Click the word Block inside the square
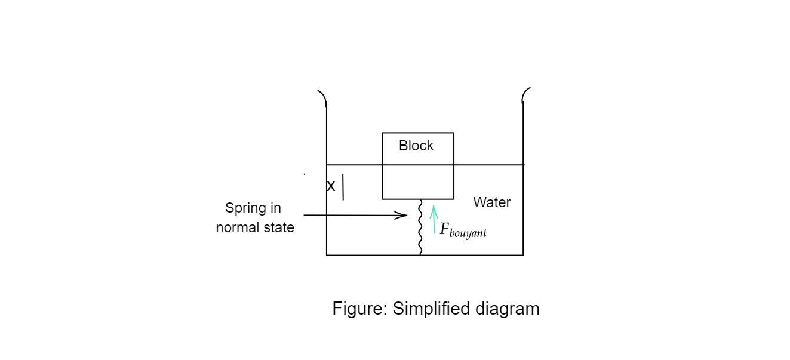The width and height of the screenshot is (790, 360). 416,146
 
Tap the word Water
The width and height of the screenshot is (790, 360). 492,202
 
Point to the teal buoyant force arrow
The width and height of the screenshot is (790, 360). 434,219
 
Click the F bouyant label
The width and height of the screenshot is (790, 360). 463,230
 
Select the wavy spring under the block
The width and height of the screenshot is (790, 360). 420,227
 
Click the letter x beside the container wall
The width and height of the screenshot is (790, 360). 331,186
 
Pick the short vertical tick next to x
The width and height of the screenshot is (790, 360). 343,187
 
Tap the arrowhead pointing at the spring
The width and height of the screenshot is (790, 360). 402,215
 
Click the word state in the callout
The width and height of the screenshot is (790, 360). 280,227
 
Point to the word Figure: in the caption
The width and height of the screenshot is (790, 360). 359,309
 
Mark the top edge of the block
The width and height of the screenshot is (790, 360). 418,133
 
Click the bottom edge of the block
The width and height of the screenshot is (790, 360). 418,199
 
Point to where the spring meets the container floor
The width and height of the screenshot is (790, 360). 420,254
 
